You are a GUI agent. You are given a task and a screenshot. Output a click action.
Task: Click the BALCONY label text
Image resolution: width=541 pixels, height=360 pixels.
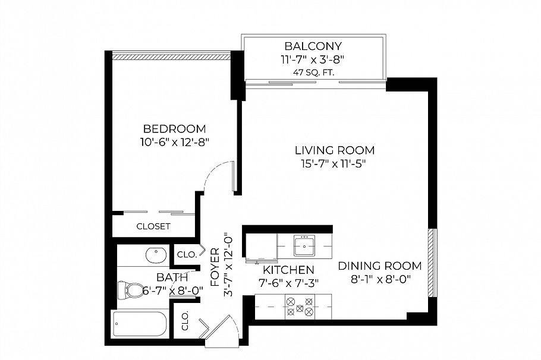[x=313, y=46]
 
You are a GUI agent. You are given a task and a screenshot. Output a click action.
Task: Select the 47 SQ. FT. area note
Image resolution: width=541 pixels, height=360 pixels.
[x=313, y=73]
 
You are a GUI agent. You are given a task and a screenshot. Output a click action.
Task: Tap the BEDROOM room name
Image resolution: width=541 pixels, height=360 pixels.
[x=174, y=129]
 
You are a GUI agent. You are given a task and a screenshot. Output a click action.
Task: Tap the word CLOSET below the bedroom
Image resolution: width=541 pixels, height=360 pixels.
[x=153, y=226]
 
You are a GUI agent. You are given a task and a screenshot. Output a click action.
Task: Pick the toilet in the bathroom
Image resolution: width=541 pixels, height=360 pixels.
[x=129, y=290]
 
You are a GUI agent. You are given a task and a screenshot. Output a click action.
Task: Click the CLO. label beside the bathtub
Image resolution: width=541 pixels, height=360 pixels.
[x=185, y=321]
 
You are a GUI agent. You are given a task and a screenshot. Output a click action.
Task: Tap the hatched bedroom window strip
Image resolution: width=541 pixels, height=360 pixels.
[x=171, y=57]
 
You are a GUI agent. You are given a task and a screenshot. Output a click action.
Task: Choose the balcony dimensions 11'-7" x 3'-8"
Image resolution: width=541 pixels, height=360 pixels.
[x=313, y=59]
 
